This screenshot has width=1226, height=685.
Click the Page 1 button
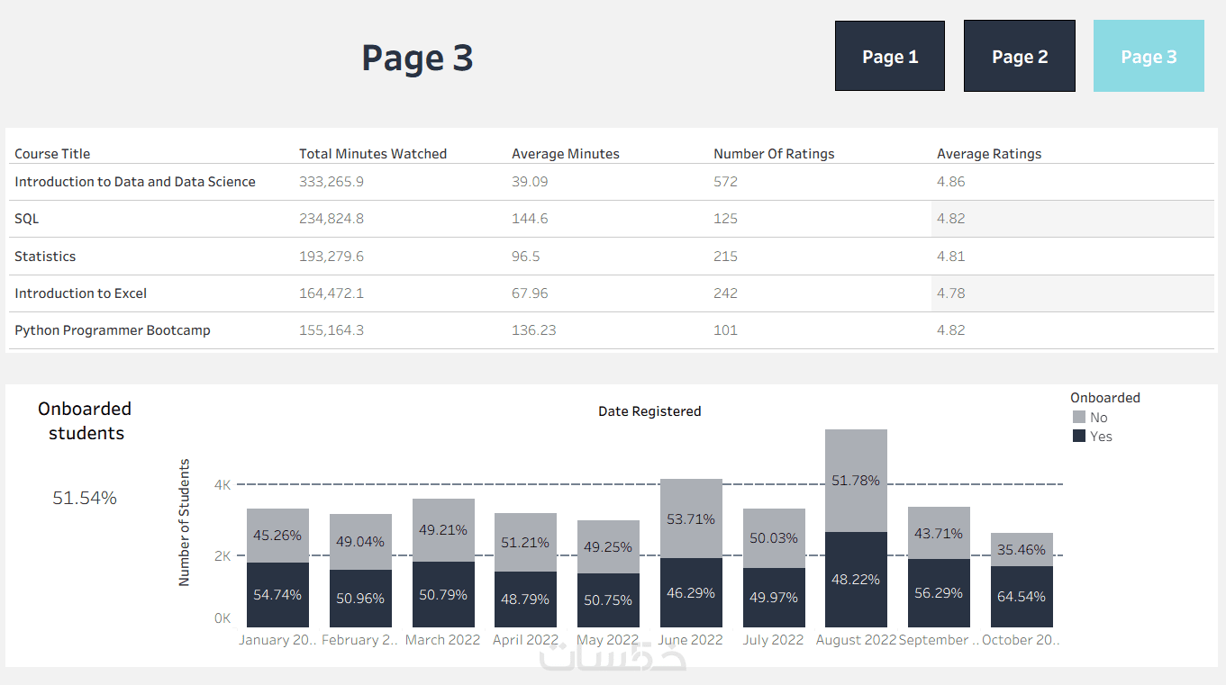click(x=889, y=56)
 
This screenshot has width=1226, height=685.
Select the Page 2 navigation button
click(x=1019, y=56)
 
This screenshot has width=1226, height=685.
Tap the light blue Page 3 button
click(x=1149, y=56)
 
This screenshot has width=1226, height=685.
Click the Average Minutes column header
click(x=566, y=154)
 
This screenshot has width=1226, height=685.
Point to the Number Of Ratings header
click(x=774, y=154)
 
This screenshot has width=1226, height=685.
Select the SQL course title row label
click(x=27, y=219)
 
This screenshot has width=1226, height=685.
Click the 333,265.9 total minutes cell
click(x=331, y=182)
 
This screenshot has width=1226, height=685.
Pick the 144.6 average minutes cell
click(x=530, y=219)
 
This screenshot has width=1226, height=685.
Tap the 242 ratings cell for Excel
click(x=725, y=293)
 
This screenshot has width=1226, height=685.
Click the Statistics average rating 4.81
click(x=950, y=257)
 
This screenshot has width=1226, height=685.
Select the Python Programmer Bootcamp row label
click(x=113, y=330)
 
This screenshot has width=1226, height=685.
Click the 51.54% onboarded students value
click(x=85, y=498)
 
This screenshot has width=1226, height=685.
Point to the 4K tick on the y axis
click(x=222, y=484)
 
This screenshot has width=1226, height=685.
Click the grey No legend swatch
click(x=1079, y=418)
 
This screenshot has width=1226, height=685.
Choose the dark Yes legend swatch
click(x=1079, y=437)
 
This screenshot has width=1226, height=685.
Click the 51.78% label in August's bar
click(x=856, y=481)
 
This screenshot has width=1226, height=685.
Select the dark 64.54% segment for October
click(x=1022, y=597)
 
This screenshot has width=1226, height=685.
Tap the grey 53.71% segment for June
click(x=691, y=518)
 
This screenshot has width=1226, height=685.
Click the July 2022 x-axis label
click(x=773, y=640)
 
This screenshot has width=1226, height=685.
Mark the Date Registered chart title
click(x=649, y=411)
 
